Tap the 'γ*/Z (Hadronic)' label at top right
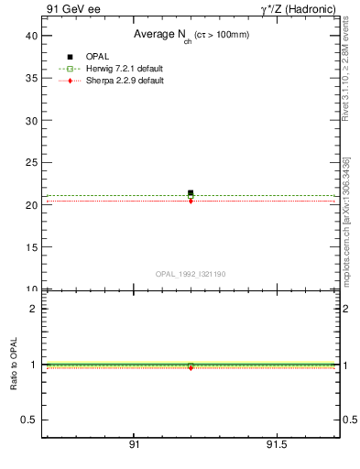pyautogui.click(x=298, y=8)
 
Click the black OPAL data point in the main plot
pyautogui.click(x=191, y=193)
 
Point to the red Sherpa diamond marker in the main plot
pyautogui.click(x=191, y=201)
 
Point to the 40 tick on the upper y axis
pyautogui.click(x=30, y=35)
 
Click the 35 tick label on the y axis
pyautogui.click(x=30, y=78)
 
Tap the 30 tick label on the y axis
pyautogui.click(x=30, y=120)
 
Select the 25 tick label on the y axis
pyautogui.click(x=30, y=162)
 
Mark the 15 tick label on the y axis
pyautogui.click(x=30, y=247)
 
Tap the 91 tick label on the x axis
pyautogui.click(x=134, y=446)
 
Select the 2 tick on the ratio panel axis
pyautogui.click(x=33, y=309)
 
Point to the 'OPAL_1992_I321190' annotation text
pyautogui.click(x=190, y=274)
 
